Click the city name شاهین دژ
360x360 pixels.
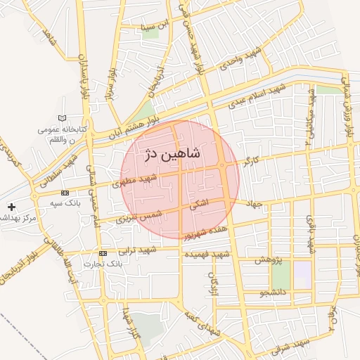pos(172,155)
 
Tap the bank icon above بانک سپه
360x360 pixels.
pos(65,193)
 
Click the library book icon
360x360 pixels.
pos(65,119)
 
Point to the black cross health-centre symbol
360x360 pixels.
pos(11,207)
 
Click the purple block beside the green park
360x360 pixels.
pos(302,269)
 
